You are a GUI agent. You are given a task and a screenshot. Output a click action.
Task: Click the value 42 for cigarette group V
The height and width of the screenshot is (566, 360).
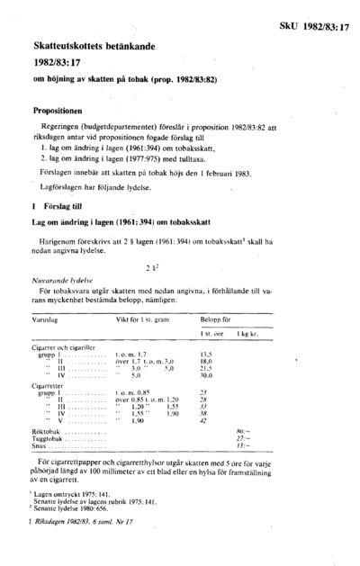tap(228, 420)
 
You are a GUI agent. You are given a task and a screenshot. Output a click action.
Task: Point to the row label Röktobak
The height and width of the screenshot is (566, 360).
tap(45, 431)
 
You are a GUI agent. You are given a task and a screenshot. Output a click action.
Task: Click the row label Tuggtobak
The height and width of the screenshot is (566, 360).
tap(46, 438)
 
